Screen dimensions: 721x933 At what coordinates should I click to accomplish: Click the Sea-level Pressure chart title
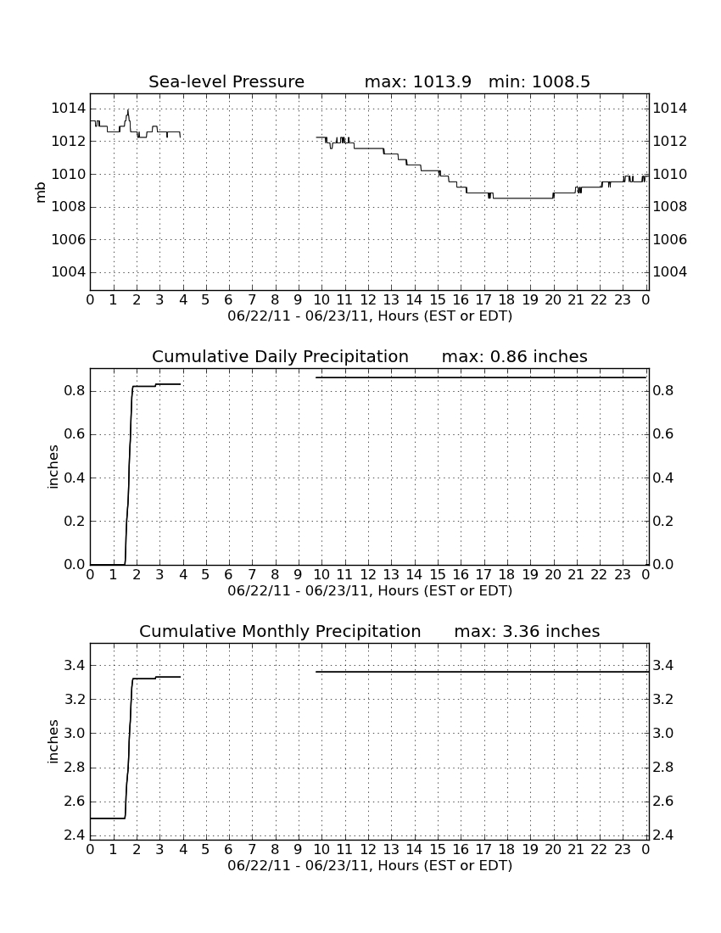coord(226,81)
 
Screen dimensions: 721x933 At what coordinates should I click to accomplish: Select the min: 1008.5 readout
coord(539,81)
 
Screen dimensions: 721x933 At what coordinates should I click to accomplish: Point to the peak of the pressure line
coord(128,109)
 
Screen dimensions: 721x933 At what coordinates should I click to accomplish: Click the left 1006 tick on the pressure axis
coord(69,239)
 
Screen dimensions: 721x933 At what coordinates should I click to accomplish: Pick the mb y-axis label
coord(41,193)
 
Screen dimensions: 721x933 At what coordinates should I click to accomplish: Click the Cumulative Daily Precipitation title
coord(280,356)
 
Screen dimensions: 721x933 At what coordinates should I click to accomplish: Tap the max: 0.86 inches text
coord(515,356)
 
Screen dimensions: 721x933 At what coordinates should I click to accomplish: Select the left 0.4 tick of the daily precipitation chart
coord(75,478)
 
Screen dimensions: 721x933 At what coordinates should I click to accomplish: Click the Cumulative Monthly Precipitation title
coord(280,631)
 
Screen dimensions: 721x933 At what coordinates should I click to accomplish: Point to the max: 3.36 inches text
coord(527,631)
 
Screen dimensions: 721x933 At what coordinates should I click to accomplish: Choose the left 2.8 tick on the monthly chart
coord(75,767)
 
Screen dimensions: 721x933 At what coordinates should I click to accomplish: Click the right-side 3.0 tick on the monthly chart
coord(663,733)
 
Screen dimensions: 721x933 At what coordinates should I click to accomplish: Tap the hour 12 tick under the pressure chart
coord(368,300)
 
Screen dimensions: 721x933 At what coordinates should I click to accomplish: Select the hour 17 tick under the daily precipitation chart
coord(483,575)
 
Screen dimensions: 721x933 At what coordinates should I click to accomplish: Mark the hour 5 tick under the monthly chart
coord(206,850)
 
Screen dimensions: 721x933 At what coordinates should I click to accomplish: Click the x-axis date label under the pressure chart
coord(370,316)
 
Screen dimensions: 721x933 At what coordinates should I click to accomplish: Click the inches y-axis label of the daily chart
coord(53,467)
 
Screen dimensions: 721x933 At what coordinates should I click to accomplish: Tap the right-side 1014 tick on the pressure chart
coord(670,109)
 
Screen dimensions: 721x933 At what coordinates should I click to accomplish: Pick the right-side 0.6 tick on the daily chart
coord(663,434)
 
